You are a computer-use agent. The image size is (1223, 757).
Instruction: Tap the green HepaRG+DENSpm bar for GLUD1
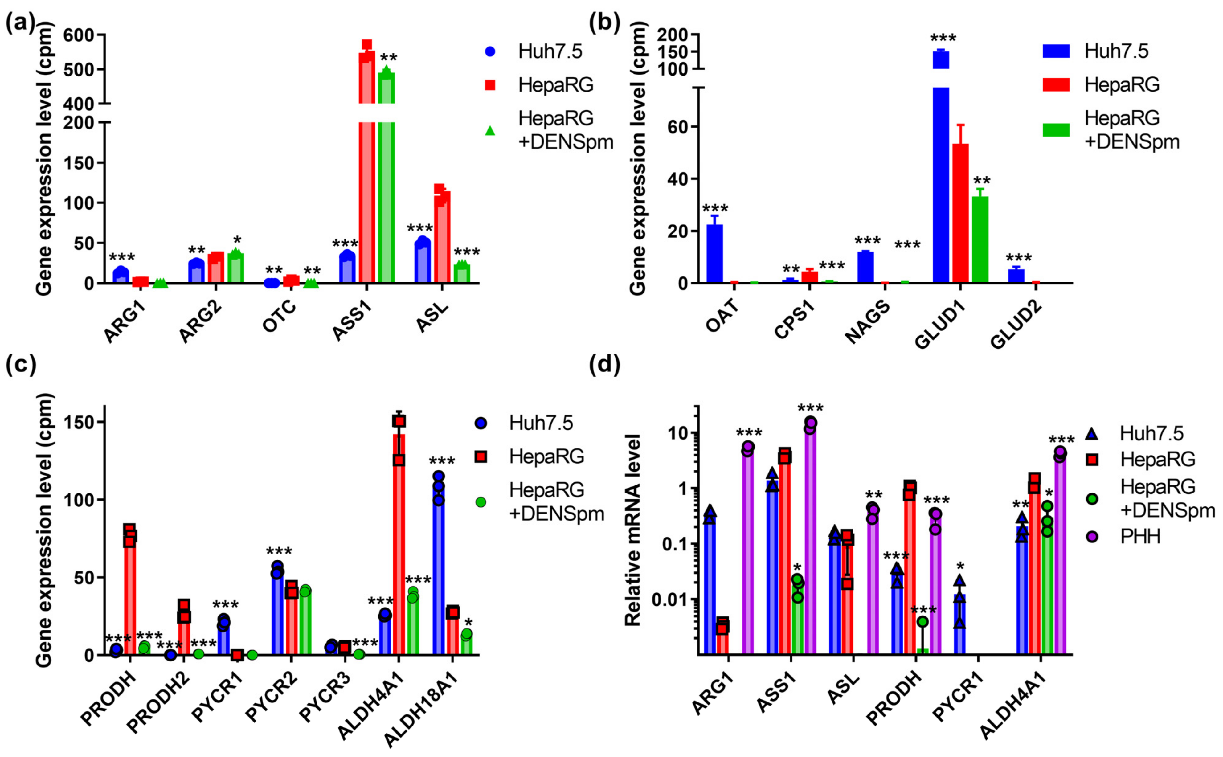point(980,240)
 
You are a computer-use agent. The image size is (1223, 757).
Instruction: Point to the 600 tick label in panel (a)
point(80,35)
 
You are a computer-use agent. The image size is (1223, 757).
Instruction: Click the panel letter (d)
point(605,364)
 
